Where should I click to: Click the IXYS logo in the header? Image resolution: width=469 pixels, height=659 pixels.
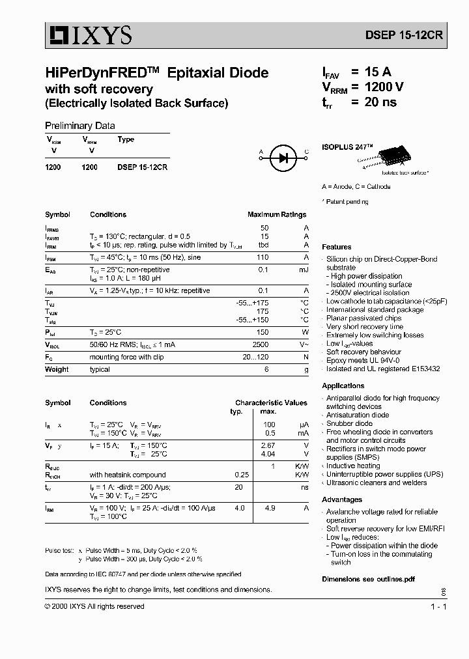click(x=89, y=35)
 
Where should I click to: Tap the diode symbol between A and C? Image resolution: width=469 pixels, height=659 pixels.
click(x=283, y=156)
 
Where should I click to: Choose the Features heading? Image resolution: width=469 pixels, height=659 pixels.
click(x=337, y=247)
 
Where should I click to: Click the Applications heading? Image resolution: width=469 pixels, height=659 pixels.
click(x=343, y=386)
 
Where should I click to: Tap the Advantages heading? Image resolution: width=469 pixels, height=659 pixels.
click(x=342, y=500)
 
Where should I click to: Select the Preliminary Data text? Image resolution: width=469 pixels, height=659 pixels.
click(x=79, y=126)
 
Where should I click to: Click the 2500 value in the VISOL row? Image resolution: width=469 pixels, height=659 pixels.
click(x=260, y=344)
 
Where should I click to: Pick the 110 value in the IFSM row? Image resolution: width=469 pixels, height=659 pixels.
click(x=263, y=258)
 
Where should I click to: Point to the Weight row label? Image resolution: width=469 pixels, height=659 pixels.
click(x=57, y=369)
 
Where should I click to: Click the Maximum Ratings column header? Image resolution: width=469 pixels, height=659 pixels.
click(x=276, y=214)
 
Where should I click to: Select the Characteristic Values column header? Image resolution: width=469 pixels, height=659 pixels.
click(x=271, y=402)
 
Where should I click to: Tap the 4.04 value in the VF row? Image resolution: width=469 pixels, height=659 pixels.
click(x=268, y=454)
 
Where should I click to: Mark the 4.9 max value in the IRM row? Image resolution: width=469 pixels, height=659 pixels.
click(x=268, y=507)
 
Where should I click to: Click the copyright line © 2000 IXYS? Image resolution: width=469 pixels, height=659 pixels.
click(x=94, y=606)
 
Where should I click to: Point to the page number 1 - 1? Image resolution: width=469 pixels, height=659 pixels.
click(x=438, y=606)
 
